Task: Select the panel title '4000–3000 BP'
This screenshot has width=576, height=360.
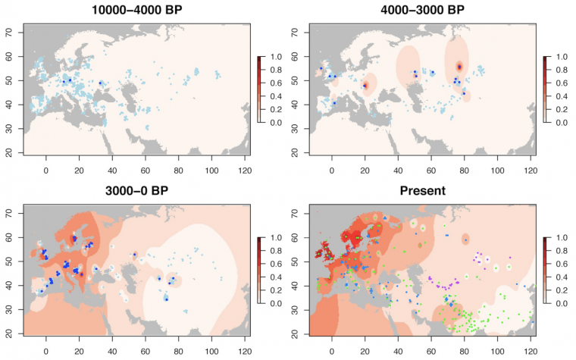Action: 430,11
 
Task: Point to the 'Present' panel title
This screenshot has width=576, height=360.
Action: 430,190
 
